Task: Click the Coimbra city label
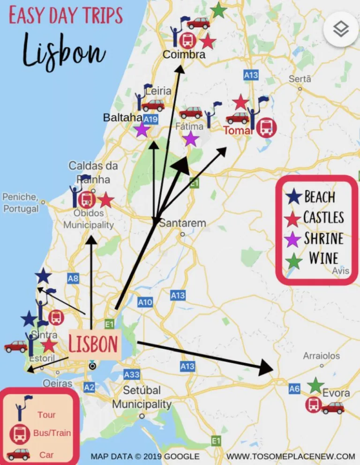[184, 55]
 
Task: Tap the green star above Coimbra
[218, 10]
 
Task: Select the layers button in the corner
[341, 29]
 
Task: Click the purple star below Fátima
[190, 139]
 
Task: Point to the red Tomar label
[238, 130]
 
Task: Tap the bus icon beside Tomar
[266, 127]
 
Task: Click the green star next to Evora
[315, 386]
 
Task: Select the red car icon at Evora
[333, 407]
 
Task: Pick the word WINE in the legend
[323, 258]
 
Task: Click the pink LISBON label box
[93, 344]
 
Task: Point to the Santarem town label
[182, 223]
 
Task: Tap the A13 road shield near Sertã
[251, 75]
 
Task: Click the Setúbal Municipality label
[142, 397]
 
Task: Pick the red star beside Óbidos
[106, 200]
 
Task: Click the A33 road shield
[132, 374]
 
